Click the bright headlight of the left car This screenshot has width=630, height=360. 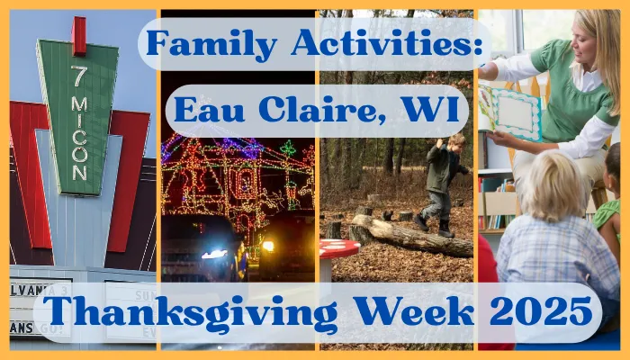[214, 254]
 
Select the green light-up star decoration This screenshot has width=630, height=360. [288, 148]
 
